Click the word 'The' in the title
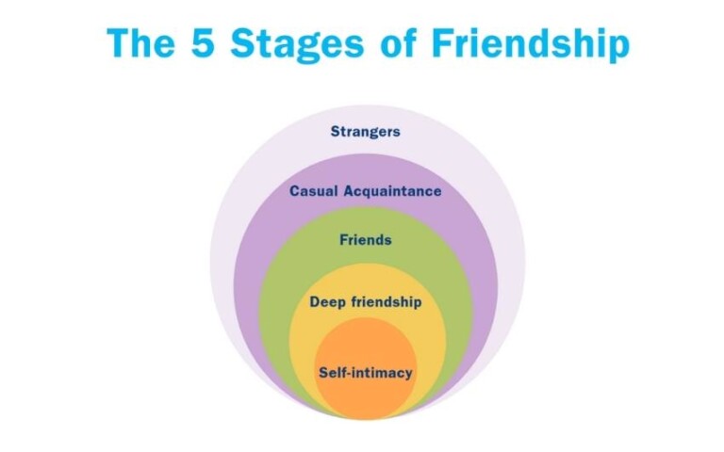pos(141,43)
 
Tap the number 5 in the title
pos(203,43)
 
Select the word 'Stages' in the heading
pos(297,45)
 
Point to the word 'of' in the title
pos(399,43)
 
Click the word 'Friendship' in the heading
pos(531,45)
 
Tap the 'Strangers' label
pos(365,132)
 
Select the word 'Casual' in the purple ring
pos(314,191)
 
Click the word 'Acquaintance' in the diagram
pos(392,191)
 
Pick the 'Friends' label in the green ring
pos(365,240)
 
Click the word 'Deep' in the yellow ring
pos(327,302)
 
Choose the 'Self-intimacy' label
pos(365,373)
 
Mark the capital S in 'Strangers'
pos(336,132)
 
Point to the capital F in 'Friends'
pos(344,240)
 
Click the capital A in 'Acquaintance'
pos(349,191)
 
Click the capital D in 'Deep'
pos(315,302)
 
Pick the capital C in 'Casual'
pos(294,191)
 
